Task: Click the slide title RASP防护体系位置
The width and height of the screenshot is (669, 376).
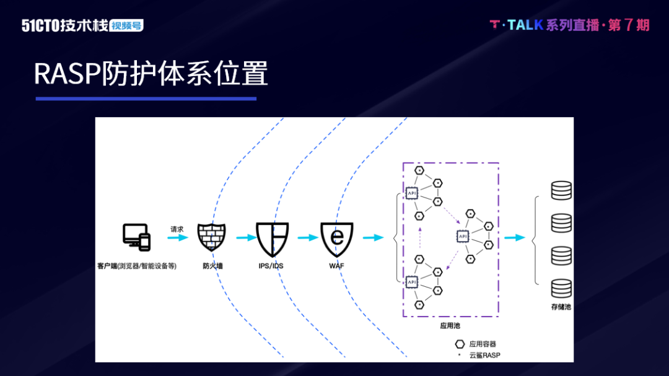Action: coord(151,74)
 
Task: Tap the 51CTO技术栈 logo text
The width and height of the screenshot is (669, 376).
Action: coord(64,25)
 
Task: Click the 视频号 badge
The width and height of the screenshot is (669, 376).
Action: coord(126,26)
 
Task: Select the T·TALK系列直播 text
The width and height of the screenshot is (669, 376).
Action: coord(545,25)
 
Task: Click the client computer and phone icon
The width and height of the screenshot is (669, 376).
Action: coord(136,237)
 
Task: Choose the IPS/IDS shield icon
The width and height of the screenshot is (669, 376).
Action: coord(273,239)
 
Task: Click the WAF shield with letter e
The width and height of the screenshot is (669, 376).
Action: coord(337,239)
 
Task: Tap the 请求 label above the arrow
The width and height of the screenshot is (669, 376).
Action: coord(177,229)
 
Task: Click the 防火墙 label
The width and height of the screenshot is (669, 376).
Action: coord(212,266)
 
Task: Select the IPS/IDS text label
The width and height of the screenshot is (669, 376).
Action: coord(273,266)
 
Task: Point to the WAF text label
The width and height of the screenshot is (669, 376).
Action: coord(337,266)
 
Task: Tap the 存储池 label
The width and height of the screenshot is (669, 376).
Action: coord(561,307)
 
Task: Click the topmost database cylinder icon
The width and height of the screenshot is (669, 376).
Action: coord(561,190)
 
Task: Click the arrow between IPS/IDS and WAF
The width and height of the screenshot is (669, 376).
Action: coord(307,238)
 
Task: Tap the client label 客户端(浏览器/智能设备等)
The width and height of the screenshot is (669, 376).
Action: coord(137,266)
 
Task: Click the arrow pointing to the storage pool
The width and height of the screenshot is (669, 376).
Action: coord(515,238)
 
